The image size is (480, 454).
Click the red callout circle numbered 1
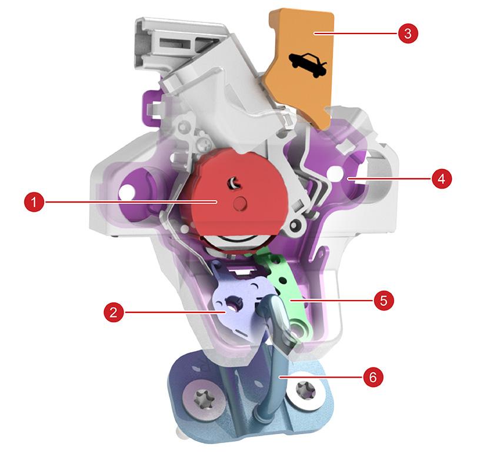point(34,202)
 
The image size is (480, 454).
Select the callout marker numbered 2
point(114,312)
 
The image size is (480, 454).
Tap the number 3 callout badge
point(408,33)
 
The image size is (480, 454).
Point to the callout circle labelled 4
point(442,178)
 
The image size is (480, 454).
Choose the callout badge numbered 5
point(384,301)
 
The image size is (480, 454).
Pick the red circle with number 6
point(373,377)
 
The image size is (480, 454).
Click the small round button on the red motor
point(239,202)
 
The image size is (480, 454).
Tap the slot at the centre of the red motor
point(233,183)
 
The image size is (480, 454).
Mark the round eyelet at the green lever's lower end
point(298,328)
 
